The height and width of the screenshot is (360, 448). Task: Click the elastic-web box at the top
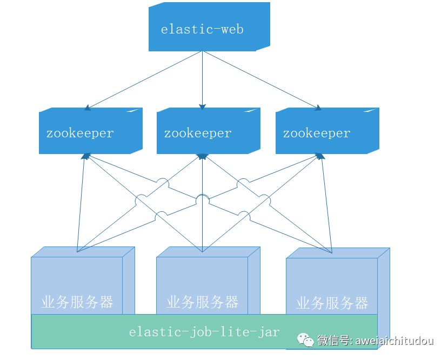202,29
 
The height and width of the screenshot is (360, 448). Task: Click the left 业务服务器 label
77,302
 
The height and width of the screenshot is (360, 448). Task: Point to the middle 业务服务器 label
203,302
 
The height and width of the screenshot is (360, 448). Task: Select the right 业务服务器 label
332,303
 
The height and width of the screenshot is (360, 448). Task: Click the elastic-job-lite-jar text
204,331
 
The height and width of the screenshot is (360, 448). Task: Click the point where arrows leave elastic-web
202,52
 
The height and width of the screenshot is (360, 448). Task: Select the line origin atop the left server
77,252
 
